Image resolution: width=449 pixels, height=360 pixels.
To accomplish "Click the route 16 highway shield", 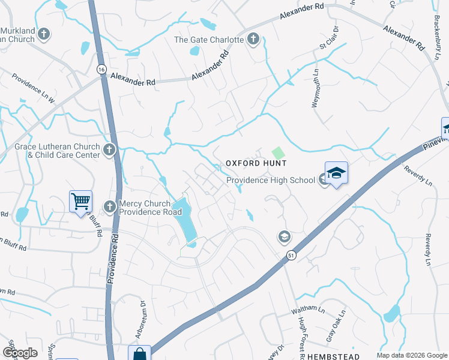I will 101,70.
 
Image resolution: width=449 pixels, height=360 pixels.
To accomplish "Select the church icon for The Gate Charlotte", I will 253,40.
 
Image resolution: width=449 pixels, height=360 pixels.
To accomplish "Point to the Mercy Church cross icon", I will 109,206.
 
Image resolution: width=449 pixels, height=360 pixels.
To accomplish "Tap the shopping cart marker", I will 80,202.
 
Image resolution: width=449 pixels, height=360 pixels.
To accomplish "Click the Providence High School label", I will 270,180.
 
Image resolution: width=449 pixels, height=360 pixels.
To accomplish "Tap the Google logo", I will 19,353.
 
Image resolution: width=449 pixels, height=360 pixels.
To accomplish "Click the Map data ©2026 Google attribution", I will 411,355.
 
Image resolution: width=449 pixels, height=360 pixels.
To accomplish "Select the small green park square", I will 277,153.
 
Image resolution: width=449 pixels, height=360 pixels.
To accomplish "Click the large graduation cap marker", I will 336,173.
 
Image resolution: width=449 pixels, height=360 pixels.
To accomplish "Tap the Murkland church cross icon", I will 44,34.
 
